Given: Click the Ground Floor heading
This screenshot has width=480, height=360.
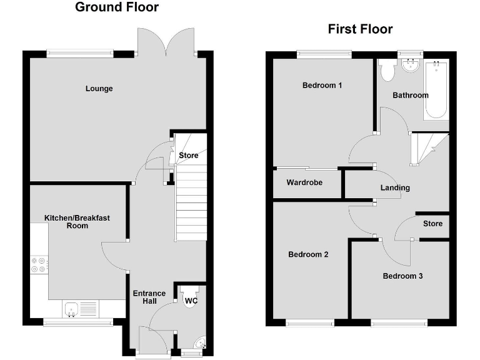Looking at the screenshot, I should point(117,7).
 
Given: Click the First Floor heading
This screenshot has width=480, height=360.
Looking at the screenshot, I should point(360,29).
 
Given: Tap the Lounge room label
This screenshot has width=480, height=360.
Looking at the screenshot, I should point(99,89).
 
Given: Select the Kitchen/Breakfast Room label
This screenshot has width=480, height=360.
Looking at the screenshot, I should point(77,222).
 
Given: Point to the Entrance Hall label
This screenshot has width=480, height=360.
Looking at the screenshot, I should point(149,297).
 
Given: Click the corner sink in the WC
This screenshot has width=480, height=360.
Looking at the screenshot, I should point(200,344).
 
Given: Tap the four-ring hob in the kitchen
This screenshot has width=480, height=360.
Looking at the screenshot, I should point(39,266).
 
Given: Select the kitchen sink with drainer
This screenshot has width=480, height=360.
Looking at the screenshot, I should point(80,308).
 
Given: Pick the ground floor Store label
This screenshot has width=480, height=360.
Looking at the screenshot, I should point(188,156).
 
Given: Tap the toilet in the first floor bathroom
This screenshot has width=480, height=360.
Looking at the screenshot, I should point(386,70).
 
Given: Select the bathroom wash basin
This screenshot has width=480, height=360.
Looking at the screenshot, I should point(411,64).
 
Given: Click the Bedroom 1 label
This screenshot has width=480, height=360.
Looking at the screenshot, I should point(322,86).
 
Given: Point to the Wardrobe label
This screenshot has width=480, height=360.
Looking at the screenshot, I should point(304,183).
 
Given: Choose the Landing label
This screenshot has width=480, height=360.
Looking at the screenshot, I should point(395,187).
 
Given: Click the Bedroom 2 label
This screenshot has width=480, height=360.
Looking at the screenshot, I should point(308,254).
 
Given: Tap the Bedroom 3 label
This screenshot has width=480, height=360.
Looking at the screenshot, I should point(402,276).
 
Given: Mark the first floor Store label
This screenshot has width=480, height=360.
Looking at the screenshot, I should point(432,224).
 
